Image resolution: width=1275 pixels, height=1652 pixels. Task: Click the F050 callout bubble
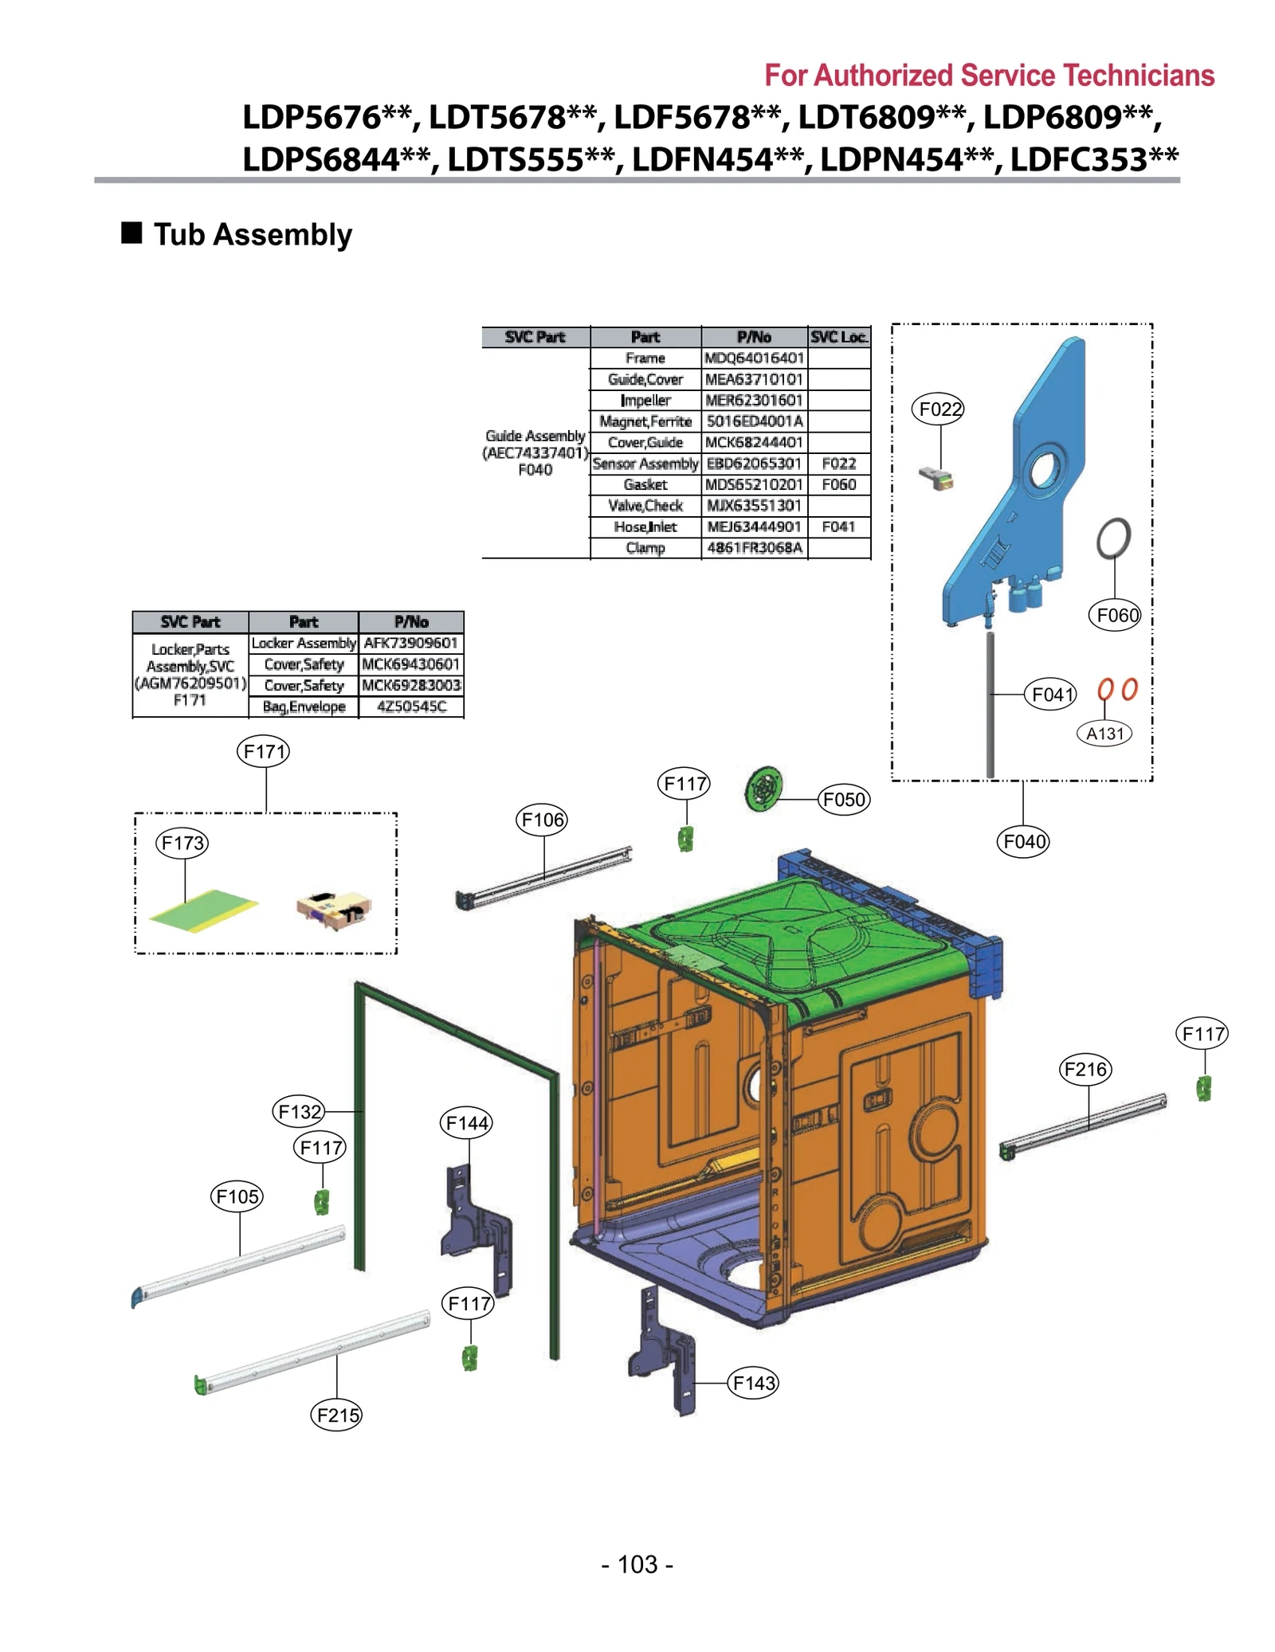pos(843,799)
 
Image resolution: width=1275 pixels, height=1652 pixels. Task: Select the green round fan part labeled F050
pos(764,789)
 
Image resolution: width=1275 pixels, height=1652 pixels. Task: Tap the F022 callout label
pos(940,409)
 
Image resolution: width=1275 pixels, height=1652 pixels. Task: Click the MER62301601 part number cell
pos(753,400)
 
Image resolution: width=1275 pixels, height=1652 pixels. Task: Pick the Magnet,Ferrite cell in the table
pos(645,421)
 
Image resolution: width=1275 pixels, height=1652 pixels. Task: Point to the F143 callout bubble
pos(753,1383)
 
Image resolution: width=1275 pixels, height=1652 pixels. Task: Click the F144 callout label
pos(467,1123)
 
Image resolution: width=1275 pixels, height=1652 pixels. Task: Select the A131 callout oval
pos(1104,734)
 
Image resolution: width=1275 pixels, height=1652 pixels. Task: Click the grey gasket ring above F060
pos(1113,539)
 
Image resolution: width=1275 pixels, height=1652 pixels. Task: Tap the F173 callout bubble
pos(182,843)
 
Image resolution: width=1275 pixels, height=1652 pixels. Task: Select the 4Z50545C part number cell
pos(411,707)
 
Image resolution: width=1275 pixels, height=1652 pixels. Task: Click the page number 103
pos(637,1564)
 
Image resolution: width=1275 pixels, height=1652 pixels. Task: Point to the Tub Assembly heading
pos(252,235)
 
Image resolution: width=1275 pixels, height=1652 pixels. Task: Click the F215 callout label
pos(337,1415)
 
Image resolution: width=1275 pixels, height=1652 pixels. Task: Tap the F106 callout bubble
pos(542,820)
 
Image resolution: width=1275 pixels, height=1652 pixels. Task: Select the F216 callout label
pos(1085,1069)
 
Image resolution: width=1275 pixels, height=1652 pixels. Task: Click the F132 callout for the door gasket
pos(299,1111)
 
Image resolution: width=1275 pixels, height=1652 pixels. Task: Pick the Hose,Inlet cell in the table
pos(645,527)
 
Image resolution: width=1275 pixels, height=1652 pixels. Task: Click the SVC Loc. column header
pos(838,337)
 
